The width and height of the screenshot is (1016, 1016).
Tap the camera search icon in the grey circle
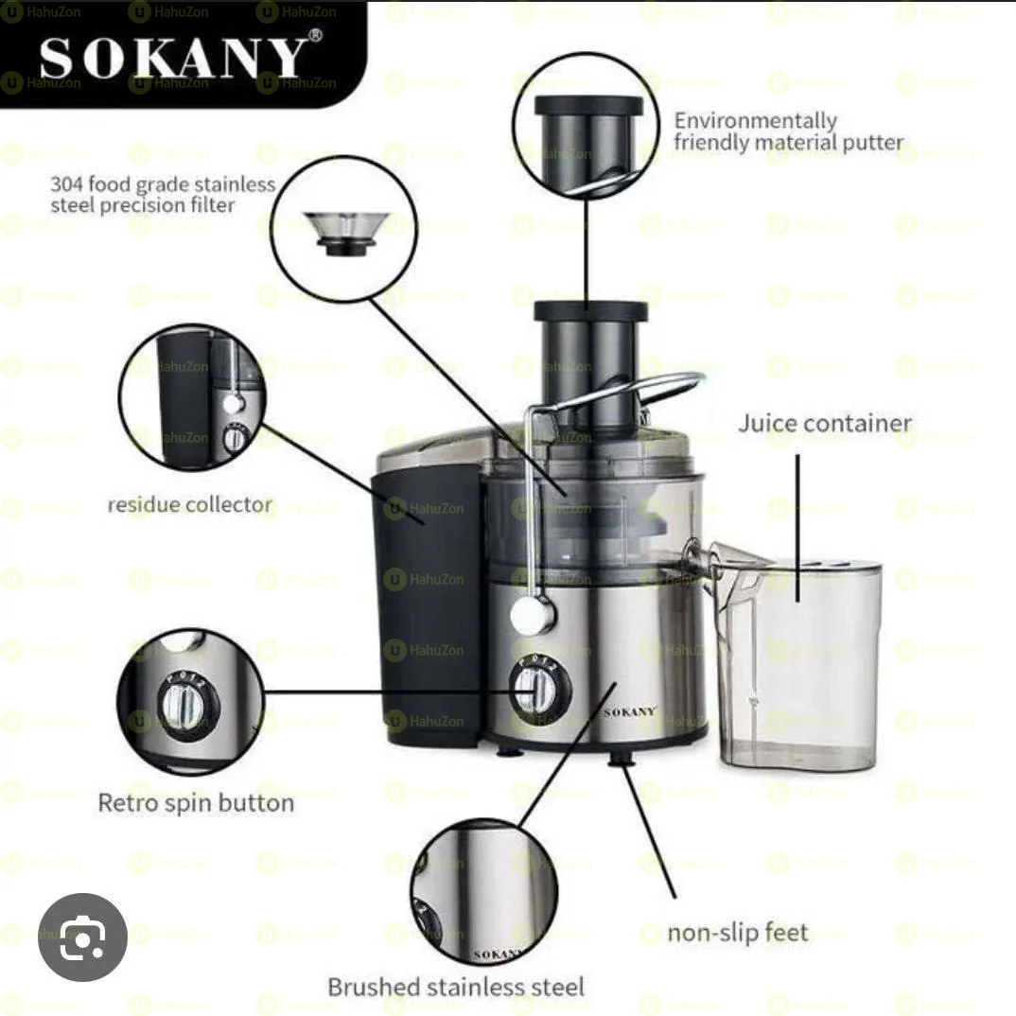click(x=83, y=938)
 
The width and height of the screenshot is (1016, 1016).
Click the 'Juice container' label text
click(x=824, y=423)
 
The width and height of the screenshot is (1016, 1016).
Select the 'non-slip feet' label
click(x=738, y=933)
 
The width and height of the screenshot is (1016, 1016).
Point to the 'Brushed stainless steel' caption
click(x=455, y=987)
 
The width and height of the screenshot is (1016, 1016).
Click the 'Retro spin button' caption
click(x=195, y=803)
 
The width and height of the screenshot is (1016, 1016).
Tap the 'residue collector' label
click(x=189, y=504)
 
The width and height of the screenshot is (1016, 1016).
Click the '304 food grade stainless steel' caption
click(x=162, y=194)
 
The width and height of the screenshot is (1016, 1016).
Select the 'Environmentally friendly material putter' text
click(x=787, y=132)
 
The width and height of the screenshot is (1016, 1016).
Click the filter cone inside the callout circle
click(x=342, y=232)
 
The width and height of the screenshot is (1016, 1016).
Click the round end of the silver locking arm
click(x=532, y=616)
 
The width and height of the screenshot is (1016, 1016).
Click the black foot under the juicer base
click(x=622, y=759)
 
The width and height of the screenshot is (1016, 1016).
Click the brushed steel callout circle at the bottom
click(x=483, y=893)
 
